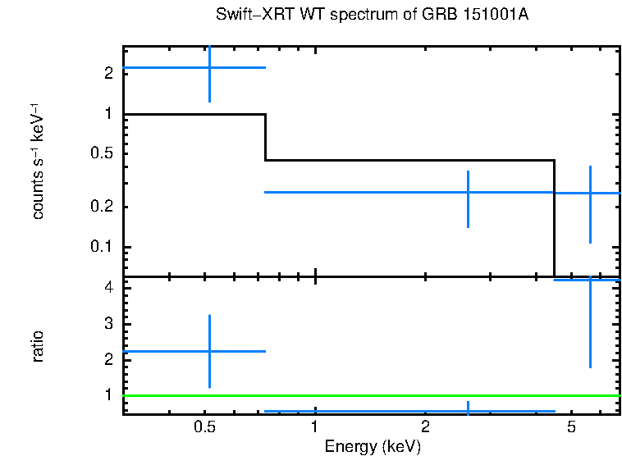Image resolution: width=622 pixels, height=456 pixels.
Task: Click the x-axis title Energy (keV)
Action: click(x=372, y=446)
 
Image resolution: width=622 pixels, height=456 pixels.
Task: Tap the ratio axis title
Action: click(x=38, y=346)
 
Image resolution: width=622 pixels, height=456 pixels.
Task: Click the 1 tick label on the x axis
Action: click(x=315, y=426)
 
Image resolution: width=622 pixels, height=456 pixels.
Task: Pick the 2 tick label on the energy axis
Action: click(x=425, y=426)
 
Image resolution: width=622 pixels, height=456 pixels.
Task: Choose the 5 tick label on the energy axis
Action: click(x=572, y=426)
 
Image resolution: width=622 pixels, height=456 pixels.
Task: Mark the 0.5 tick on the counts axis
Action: click(x=103, y=153)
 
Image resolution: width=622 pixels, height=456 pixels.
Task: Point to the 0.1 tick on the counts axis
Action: click(x=103, y=247)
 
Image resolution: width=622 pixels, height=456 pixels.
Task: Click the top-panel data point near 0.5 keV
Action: click(x=210, y=67)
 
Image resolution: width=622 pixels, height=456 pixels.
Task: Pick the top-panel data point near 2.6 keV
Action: click(x=468, y=192)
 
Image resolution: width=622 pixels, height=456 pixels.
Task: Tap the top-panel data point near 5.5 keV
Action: click(x=590, y=193)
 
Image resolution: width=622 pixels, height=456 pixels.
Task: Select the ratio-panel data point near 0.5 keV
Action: click(x=210, y=351)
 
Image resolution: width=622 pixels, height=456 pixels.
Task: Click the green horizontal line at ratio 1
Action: click(x=369, y=395)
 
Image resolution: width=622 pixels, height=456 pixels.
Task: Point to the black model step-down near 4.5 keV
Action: click(x=555, y=217)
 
